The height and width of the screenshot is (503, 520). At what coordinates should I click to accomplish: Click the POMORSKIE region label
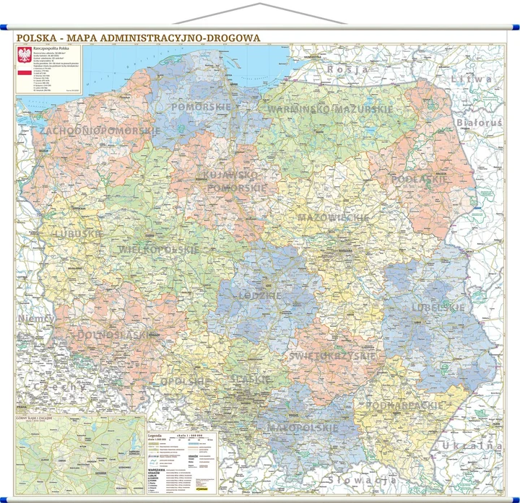click(x=201, y=107)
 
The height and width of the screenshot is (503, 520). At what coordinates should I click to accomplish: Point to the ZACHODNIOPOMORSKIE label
click(x=100, y=131)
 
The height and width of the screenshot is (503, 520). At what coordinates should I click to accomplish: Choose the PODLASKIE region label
click(x=419, y=178)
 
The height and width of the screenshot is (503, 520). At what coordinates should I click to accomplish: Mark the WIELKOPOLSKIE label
click(x=158, y=249)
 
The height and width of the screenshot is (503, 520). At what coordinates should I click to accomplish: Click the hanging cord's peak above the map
click(x=259, y=4)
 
